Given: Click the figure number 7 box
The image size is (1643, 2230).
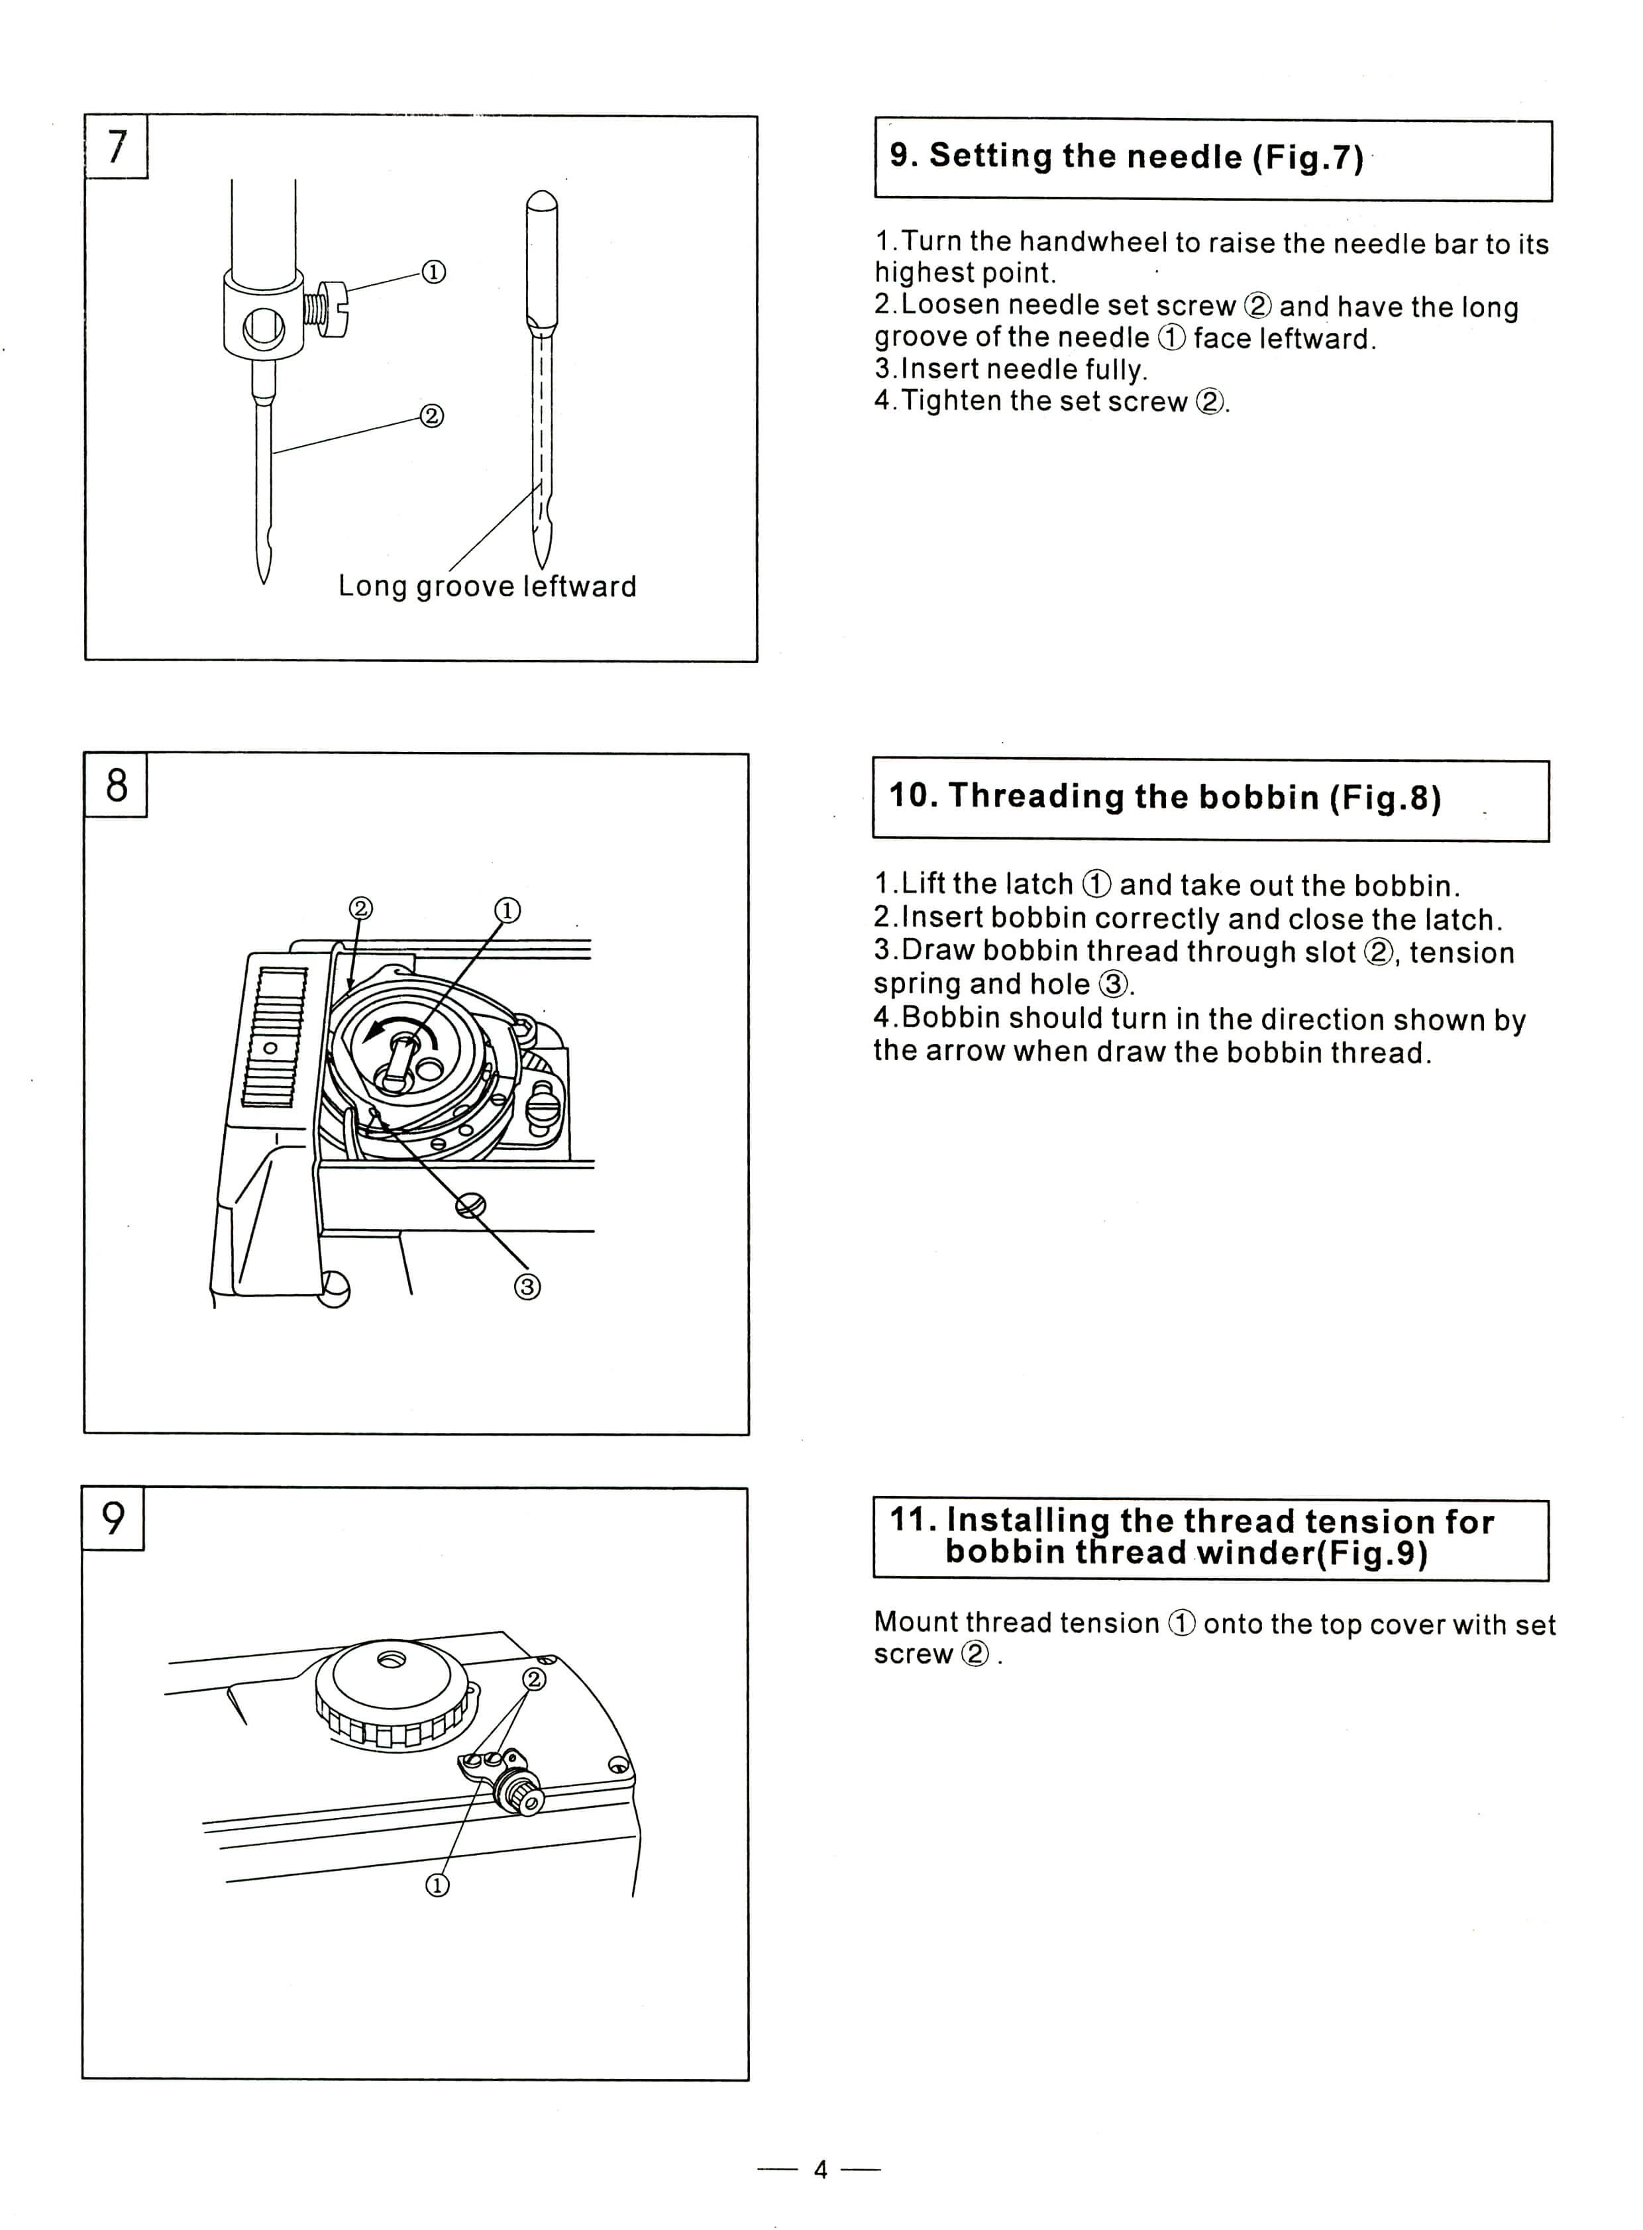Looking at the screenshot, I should tap(117, 147).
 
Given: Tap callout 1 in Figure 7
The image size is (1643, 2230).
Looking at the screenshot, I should tap(434, 272).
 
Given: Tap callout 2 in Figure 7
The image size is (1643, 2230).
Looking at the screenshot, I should tap(432, 416).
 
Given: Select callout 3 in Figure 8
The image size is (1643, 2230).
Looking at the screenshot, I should tap(527, 1287).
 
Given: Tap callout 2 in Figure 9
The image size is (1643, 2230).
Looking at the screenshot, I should tap(534, 1679).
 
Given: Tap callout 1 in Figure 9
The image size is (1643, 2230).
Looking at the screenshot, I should tap(438, 1885).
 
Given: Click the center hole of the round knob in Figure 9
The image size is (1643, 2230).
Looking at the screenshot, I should tap(390, 1660).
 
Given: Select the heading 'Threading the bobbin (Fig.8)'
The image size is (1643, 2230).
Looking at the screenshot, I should tap(1163, 798).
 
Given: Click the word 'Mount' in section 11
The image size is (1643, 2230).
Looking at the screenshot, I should tap(915, 1622).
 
